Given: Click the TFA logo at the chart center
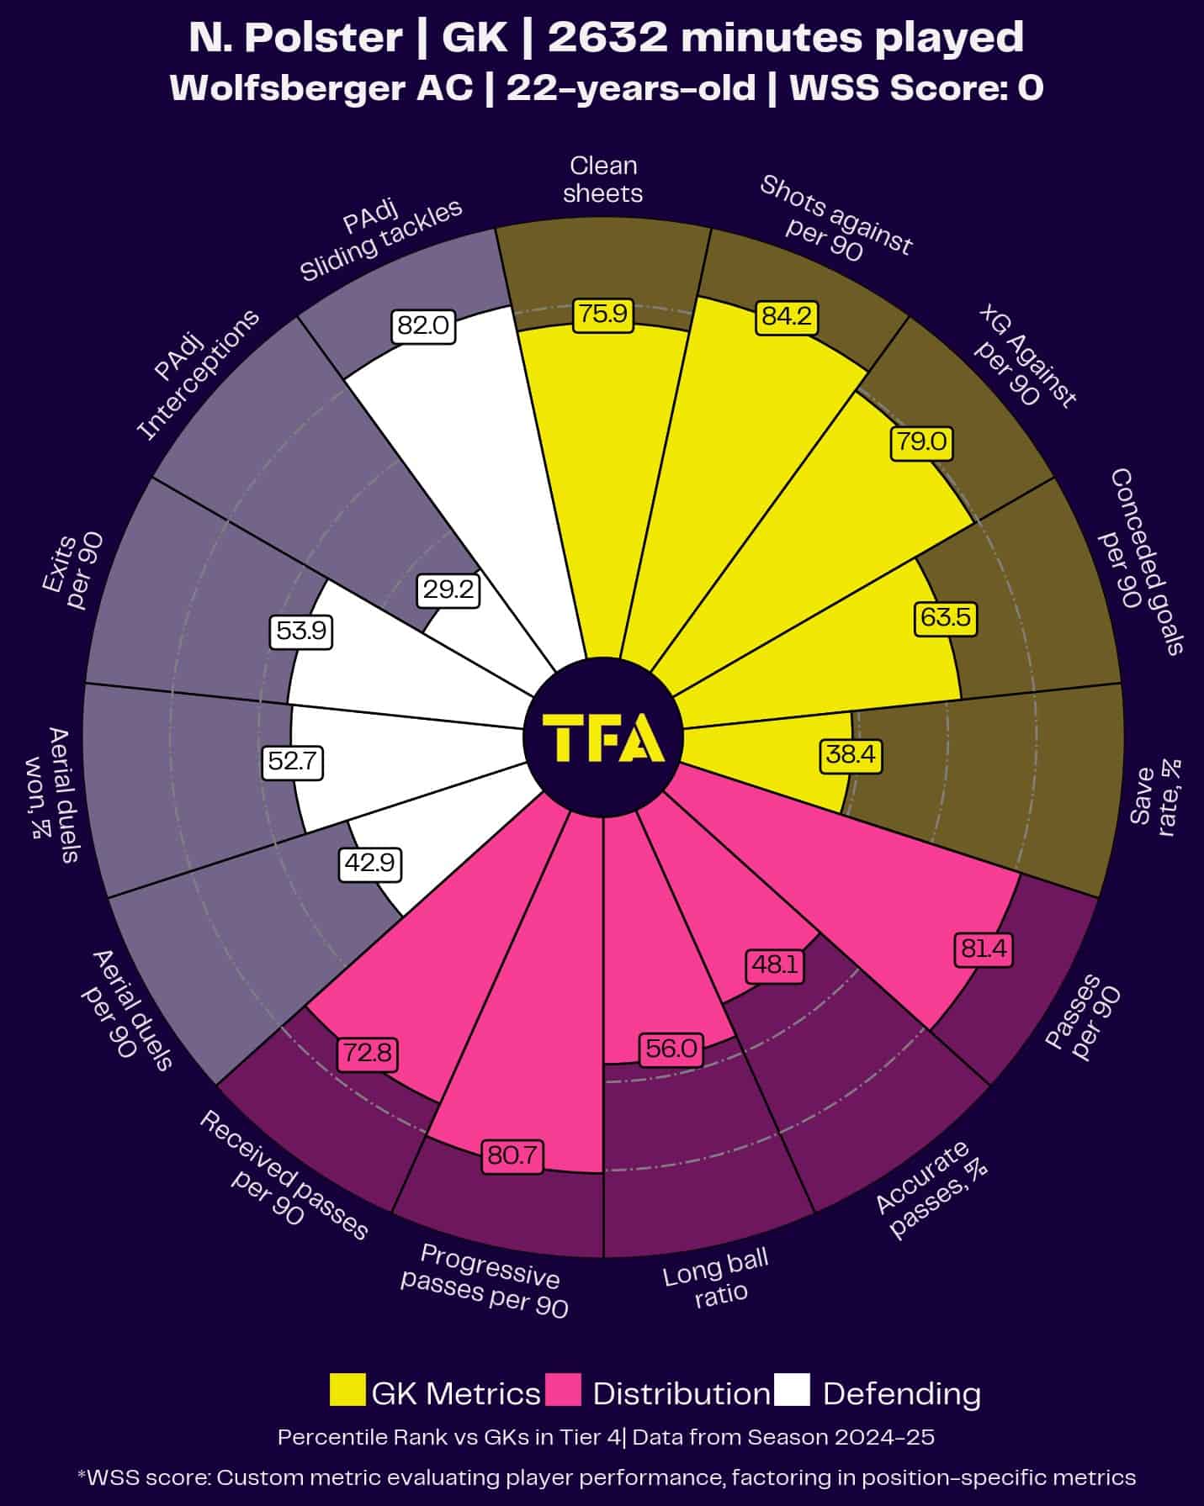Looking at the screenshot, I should tap(603, 737).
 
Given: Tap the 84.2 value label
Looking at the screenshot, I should tap(787, 316).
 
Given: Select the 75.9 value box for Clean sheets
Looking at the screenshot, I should tap(602, 314).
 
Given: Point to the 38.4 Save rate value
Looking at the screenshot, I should tap(851, 754).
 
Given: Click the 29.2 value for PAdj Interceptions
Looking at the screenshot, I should tap(448, 590).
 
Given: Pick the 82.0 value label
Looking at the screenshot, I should tap(423, 325).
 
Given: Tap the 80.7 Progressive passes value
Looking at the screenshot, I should tap(512, 1155).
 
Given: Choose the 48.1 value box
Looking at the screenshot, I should tap(775, 964).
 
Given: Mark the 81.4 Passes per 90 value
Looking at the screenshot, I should tap(983, 949).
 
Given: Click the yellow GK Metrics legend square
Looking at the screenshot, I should tap(347, 1390).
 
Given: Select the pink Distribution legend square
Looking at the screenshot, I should tap(563, 1390).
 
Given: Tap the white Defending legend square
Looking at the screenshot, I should tap(793, 1390).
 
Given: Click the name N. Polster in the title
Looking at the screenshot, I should tap(295, 38).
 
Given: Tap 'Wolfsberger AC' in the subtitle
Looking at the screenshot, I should tap(321, 87).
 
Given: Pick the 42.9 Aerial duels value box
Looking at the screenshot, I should tap(370, 864).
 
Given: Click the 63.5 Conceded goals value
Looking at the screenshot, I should tap(946, 618).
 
